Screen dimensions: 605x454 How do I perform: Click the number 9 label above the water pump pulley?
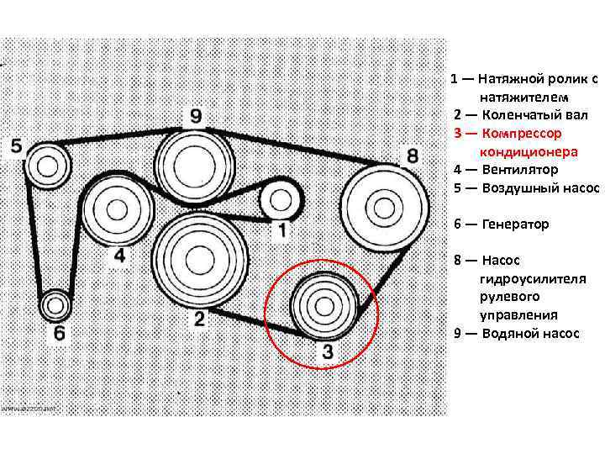[x=195, y=115]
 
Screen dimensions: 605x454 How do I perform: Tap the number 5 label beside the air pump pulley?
[x=17, y=145]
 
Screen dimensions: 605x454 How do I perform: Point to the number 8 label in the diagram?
[x=412, y=156]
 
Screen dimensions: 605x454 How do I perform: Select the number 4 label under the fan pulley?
[x=119, y=255]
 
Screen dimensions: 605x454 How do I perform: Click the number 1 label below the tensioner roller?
[x=283, y=229]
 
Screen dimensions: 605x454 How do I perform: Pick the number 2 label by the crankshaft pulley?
[x=200, y=318]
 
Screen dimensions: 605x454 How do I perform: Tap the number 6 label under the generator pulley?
[x=59, y=333]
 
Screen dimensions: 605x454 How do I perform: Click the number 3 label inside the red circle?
[x=327, y=353]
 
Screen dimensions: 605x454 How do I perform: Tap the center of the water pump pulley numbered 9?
[x=194, y=163]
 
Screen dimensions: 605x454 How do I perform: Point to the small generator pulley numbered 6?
[x=55, y=303]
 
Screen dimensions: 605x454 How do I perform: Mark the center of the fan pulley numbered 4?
[x=118, y=209]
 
